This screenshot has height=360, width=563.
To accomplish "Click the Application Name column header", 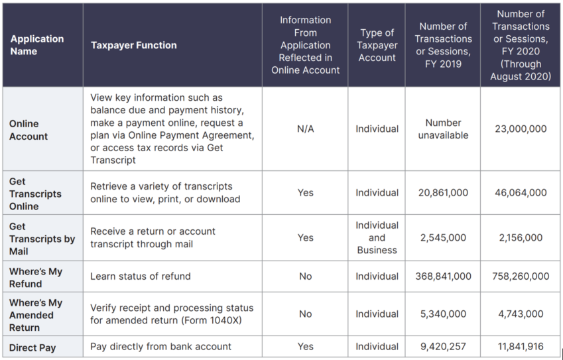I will [x=36, y=45].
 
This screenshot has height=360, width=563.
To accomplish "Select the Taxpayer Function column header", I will [x=133, y=45].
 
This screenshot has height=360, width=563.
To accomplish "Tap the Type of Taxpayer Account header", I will [x=377, y=45].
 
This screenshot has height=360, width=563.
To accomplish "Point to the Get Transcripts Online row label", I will [x=35, y=194].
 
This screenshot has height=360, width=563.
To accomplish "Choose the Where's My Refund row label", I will [x=36, y=277].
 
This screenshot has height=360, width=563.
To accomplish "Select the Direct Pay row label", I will [x=32, y=347].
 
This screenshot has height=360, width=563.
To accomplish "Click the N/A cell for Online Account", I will [x=305, y=129].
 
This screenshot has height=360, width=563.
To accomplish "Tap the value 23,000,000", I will [x=521, y=129].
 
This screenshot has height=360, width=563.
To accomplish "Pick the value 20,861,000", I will [x=443, y=193].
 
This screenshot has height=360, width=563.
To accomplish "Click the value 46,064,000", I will [x=521, y=193].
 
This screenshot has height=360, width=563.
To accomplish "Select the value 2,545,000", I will [x=443, y=238].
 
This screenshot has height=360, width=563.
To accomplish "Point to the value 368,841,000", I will [x=443, y=276].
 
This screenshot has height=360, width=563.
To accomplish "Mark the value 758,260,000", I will [x=521, y=276].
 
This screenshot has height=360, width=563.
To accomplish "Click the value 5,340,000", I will [x=443, y=314].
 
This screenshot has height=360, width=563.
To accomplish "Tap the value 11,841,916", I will [x=521, y=346].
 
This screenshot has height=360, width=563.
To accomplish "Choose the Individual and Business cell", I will [x=377, y=238].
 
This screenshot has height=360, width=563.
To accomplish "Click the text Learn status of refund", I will [x=141, y=276].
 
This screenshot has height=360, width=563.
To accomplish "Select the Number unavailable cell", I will [x=443, y=129].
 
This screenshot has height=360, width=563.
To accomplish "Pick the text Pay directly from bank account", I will [x=160, y=346].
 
